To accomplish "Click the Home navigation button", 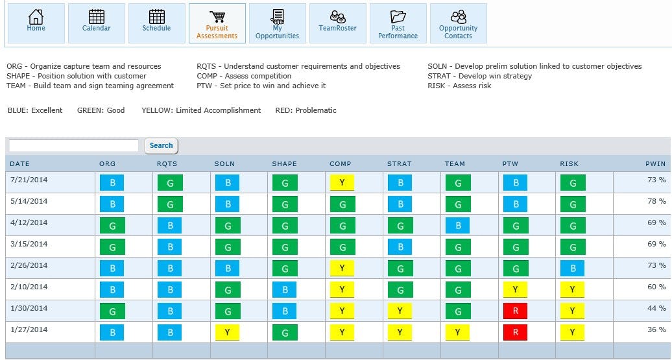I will coord(36,23).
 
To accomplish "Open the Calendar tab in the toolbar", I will coord(96,23).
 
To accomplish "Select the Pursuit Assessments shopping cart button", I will coord(217,24).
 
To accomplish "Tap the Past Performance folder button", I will coord(398,24).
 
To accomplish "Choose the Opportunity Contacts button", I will coord(458,24).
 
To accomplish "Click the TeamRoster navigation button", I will coord(337,23).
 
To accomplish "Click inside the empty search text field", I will coord(73,146).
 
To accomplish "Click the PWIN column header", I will coord(655,164).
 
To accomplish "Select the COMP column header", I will coord(340,164).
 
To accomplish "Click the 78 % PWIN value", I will coord(656,201).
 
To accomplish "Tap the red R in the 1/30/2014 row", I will coord(515,311).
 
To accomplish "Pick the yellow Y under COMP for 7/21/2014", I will coord(342,183).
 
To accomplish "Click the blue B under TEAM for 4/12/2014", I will coord(457,226).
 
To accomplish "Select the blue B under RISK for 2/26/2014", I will coord(572,269).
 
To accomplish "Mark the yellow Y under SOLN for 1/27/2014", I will coord(227,333).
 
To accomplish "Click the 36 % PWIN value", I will coord(656,330).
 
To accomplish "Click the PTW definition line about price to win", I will coord(261,86).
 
